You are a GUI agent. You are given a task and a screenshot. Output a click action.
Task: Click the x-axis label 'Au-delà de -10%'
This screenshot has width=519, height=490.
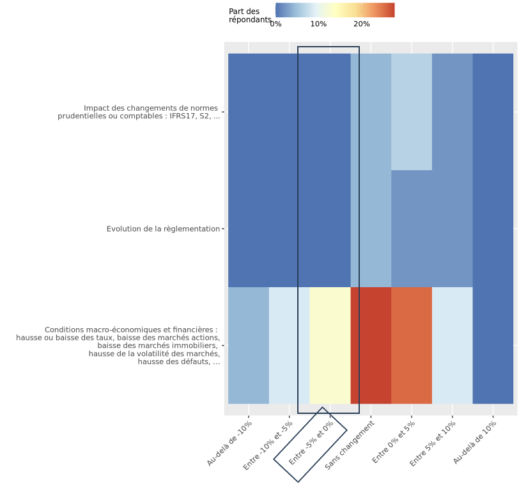[229, 443]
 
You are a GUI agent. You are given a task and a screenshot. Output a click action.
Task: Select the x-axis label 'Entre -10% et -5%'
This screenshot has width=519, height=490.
[268, 445]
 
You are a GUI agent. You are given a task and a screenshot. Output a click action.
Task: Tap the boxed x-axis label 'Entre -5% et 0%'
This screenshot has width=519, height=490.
[311, 443]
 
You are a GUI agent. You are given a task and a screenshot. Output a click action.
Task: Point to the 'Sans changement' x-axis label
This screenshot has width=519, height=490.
[350, 445]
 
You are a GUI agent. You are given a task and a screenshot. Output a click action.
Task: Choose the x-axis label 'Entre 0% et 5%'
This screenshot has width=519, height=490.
[394, 441]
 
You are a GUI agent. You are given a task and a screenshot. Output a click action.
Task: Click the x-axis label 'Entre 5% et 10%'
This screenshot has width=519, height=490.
[432, 443]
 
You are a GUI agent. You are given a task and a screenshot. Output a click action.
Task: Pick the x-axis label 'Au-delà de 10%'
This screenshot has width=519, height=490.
[475, 442]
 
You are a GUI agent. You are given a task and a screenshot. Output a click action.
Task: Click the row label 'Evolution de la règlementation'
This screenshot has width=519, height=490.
[163, 229]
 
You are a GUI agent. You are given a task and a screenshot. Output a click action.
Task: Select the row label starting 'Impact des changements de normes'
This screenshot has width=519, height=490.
[139, 112]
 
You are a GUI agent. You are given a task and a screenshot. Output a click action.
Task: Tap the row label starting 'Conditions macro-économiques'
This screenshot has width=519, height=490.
[118, 346]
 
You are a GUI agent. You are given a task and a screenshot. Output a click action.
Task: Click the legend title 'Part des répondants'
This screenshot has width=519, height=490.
[250, 15]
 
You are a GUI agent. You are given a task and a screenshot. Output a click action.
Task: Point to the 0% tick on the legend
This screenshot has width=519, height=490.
[275, 24]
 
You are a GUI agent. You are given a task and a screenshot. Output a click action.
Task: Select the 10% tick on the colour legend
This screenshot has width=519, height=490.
[318, 24]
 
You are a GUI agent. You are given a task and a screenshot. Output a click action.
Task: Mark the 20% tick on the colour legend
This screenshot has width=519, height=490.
[362, 24]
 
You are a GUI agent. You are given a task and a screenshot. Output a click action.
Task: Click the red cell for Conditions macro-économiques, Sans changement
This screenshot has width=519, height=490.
[371, 345]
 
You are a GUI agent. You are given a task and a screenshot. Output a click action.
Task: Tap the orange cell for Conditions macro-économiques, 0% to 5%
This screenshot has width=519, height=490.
[412, 345]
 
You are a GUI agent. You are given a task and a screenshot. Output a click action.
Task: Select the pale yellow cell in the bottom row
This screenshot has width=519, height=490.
[330, 345]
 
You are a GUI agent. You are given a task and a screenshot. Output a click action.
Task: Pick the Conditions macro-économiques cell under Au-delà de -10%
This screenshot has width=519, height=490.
[249, 345]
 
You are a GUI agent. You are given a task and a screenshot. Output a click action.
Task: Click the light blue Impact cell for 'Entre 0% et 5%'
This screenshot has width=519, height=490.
[412, 112]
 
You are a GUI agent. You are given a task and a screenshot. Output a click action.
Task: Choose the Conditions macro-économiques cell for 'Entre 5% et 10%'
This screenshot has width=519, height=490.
[453, 345]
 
